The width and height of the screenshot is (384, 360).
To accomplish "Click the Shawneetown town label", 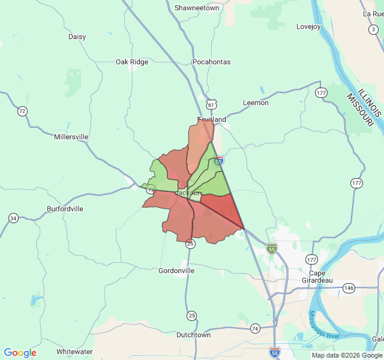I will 197,8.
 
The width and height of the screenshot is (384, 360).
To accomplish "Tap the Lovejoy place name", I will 308,26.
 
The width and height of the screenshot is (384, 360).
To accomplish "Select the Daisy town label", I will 77,37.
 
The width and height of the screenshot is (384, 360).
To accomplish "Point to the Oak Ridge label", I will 131,62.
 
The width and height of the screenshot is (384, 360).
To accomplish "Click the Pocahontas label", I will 211,62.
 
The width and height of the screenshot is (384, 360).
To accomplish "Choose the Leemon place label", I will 256,103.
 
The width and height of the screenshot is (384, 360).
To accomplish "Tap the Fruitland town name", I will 212,119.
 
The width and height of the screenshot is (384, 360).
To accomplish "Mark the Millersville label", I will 71,137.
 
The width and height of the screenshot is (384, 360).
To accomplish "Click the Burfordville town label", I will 65,209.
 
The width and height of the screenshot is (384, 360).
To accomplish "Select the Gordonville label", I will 176,271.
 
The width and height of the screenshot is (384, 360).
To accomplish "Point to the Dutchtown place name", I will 193,335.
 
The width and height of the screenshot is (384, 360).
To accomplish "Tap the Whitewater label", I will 74,351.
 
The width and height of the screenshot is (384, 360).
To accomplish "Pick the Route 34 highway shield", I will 13,218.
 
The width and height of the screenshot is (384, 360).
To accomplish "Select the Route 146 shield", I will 349,288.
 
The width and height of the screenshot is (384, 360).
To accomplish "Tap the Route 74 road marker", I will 255,328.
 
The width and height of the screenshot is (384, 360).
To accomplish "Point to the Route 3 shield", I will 373,29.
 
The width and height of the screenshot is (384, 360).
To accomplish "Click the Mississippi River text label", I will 324,325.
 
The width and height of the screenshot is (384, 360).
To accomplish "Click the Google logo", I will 20,353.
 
